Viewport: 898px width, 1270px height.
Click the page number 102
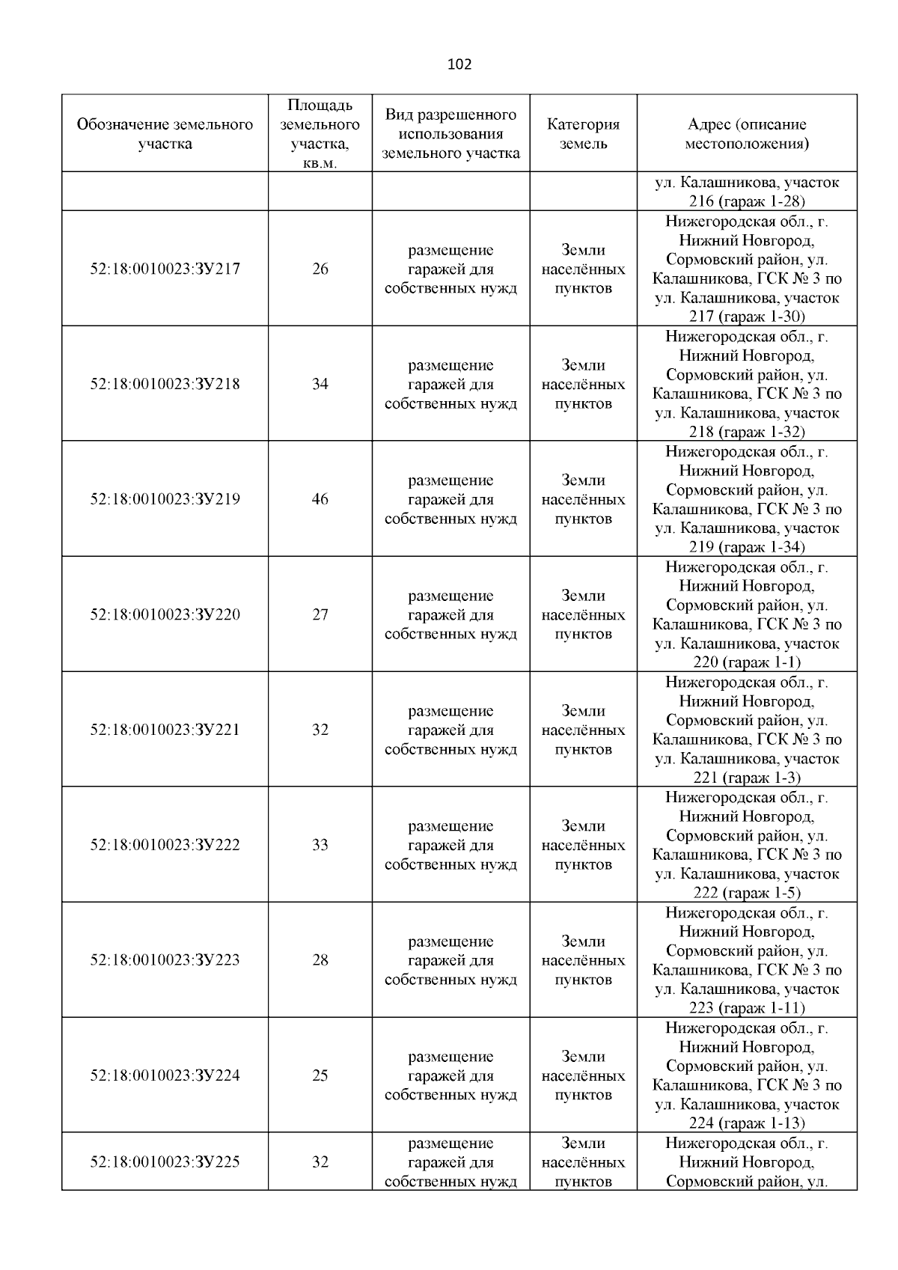[x=459, y=64]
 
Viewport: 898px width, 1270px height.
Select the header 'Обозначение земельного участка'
[x=165, y=134]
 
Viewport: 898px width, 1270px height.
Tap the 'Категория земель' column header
[x=583, y=134]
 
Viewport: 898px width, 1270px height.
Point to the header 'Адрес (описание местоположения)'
[x=747, y=134]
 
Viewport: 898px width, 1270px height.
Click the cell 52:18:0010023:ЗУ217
[x=165, y=269]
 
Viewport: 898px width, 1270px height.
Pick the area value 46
[x=320, y=499]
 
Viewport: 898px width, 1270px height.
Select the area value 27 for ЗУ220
[x=320, y=614]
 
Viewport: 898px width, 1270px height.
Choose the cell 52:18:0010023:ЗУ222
[x=165, y=845]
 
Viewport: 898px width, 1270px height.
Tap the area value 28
[x=320, y=960]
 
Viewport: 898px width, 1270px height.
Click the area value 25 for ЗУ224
[x=320, y=1075]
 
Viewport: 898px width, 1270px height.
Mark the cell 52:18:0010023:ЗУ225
[x=165, y=1162]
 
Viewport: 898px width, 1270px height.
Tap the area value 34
[x=320, y=384]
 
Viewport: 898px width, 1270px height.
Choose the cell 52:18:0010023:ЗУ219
[x=165, y=499]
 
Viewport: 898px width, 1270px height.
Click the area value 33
[x=320, y=845]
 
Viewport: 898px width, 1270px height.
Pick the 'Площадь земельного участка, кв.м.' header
[x=320, y=134]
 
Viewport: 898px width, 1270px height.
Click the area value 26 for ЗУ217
[x=320, y=269]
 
